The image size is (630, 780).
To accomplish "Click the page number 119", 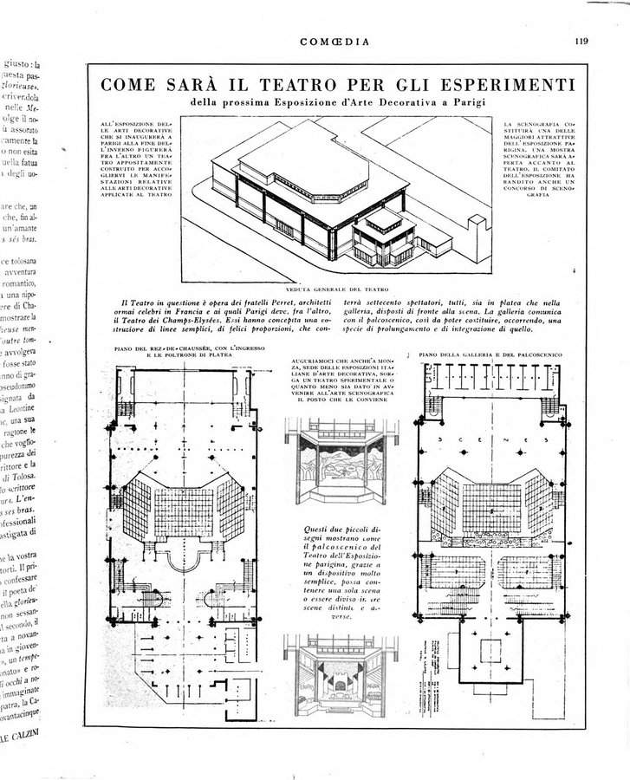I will click(x=581, y=39).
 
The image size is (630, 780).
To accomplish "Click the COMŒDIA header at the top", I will click(x=334, y=40).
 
